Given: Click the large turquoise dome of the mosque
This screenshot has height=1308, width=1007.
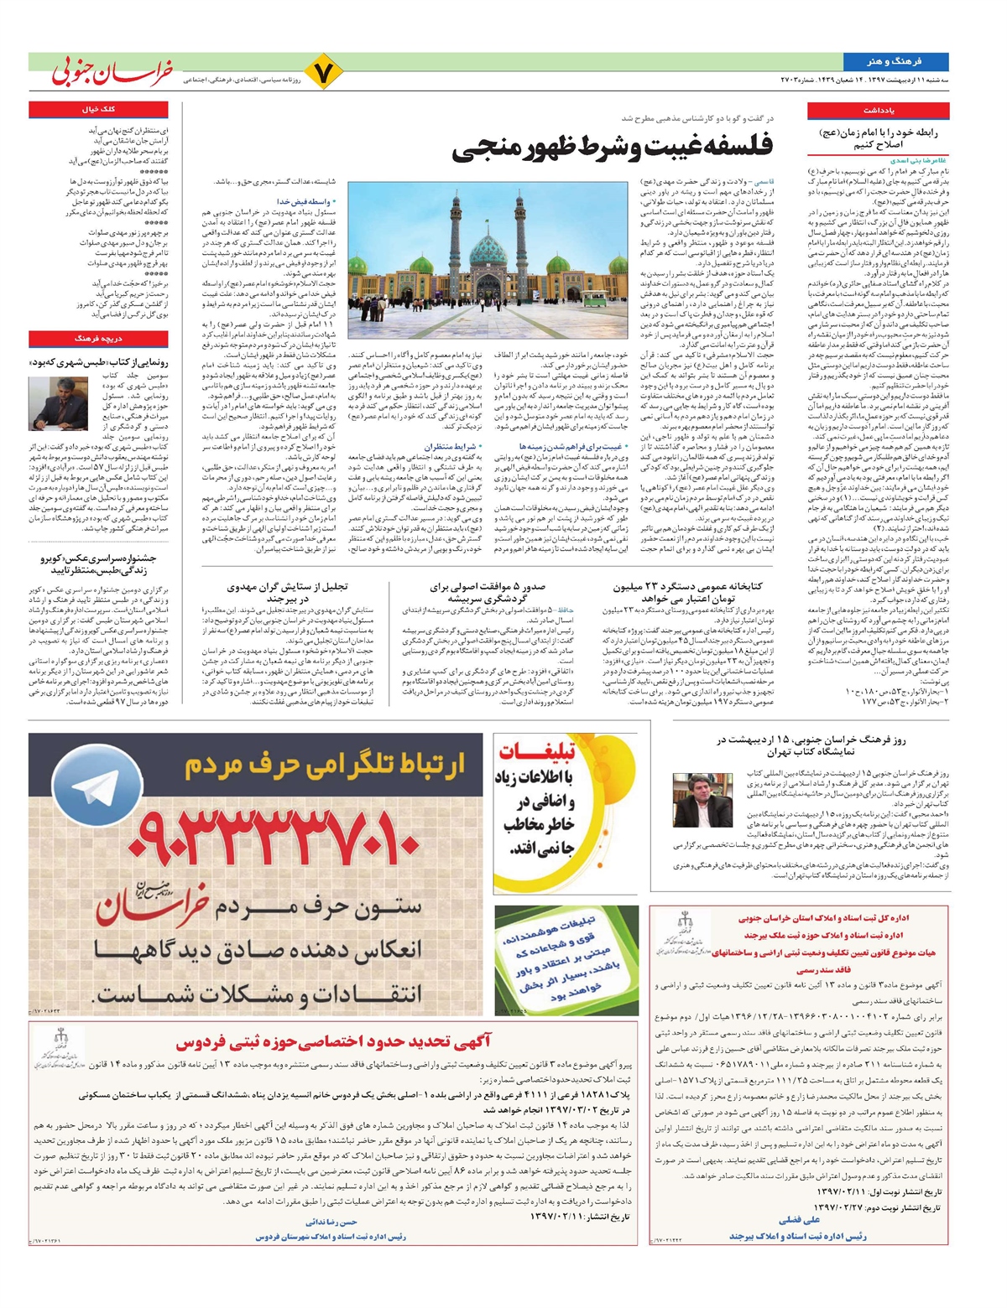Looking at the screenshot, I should pyautogui.click(x=488, y=249).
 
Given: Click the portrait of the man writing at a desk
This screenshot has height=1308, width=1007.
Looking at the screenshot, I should pyautogui.click(x=52, y=402).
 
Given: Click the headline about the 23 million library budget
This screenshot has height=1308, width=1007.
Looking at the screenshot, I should pyautogui.click(x=700, y=593).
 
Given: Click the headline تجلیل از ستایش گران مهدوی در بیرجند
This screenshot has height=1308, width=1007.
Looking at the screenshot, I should pyautogui.click(x=287, y=593).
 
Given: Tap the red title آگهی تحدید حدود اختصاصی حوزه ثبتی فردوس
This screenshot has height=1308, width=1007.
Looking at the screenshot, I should pyautogui.click(x=333, y=1042).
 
